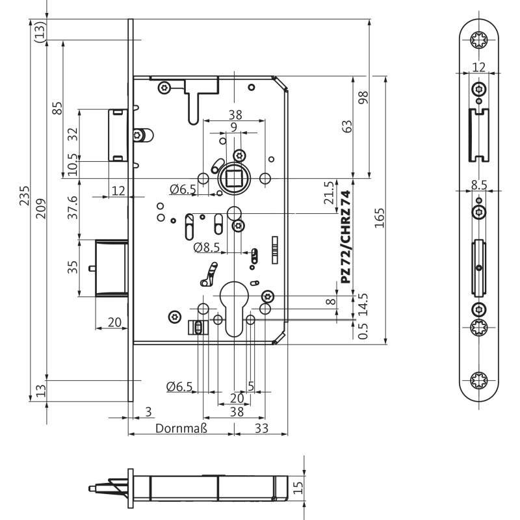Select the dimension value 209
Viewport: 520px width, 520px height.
[x=41, y=208]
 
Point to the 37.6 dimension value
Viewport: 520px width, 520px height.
[x=73, y=207]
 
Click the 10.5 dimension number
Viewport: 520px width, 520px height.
[x=73, y=165]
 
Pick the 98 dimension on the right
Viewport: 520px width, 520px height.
[x=363, y=97]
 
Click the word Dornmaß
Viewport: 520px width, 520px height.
[x=181, y=428]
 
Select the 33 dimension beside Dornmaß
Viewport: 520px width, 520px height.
[x=261, y=428]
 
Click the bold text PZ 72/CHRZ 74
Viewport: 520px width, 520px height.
[x=346, y=237]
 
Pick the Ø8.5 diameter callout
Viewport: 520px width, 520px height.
[x=207, y=247]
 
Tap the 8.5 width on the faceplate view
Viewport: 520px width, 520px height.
[x=479, y=185]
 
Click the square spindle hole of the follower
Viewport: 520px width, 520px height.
[x=233, y=178]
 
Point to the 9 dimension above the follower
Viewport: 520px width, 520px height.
[x=233, y=127]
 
